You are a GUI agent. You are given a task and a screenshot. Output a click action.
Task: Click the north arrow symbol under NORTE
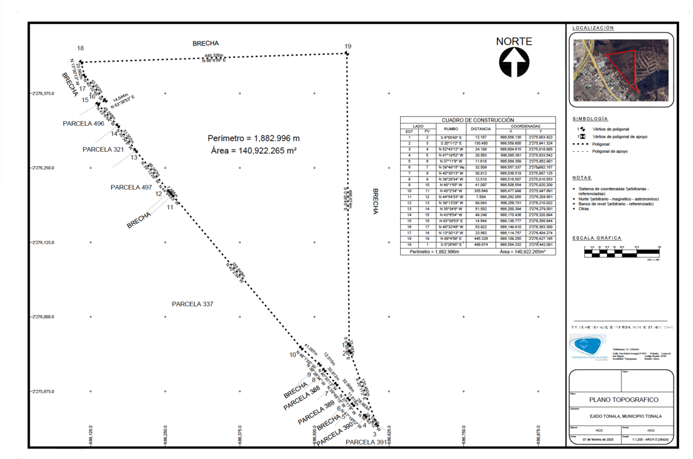coord(515,62)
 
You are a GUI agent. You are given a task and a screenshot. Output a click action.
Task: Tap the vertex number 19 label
coord(348,47)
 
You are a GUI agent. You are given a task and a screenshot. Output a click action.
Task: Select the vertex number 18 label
coord(80,48)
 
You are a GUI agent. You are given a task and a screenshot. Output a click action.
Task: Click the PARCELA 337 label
coord(196,303)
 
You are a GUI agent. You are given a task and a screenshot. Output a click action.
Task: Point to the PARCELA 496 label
coord(84,123)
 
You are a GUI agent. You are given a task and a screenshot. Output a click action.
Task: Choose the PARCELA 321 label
coord(103,149)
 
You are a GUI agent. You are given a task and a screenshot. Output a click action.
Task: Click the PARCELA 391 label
coord(366,442)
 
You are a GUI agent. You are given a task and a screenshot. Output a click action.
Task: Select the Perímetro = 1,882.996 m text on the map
coord(254,138)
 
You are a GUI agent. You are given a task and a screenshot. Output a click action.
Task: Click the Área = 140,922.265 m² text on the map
coord(254,151)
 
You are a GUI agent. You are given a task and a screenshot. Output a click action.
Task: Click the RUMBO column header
coord(451,129)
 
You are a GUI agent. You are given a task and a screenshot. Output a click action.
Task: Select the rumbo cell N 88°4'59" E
coord(451,238)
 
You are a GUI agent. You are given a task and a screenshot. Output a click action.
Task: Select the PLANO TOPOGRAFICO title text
coord(623,400)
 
